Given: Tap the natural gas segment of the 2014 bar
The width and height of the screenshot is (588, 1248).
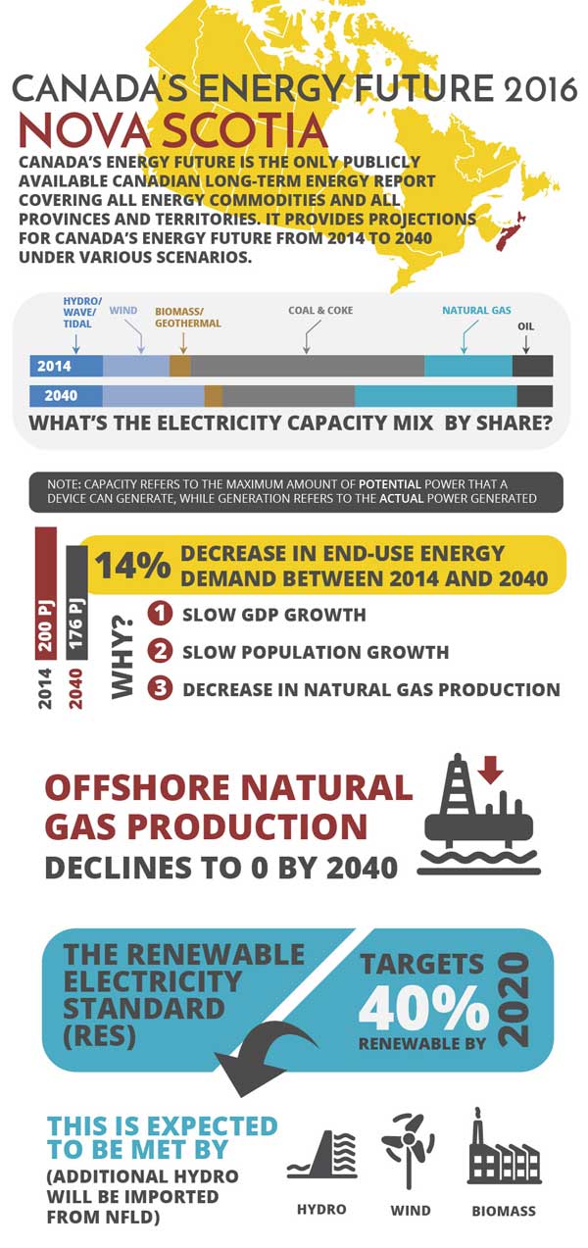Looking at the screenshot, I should click(467, 366).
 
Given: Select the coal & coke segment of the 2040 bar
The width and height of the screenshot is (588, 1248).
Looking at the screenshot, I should click(288, 396).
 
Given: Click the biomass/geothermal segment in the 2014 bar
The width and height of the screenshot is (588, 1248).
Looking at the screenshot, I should click(179, 366).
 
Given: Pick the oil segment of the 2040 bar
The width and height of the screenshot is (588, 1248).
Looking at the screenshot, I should click(534, 396).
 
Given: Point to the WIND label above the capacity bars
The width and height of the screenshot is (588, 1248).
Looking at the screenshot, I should click(123, 311).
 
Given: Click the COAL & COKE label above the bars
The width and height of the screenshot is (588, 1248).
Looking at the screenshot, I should click(320, 312).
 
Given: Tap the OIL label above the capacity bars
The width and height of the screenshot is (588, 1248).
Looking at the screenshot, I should click(526, 325).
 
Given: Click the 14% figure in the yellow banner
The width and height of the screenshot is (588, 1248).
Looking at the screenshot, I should click(132, 566).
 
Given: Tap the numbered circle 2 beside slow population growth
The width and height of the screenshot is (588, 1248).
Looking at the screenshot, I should click(160, 651).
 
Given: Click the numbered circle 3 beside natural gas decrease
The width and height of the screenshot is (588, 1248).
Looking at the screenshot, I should click(160, 688).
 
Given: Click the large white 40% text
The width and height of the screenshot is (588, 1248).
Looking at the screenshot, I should click(423, 1005).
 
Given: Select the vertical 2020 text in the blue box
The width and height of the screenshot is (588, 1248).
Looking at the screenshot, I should click(513, 998).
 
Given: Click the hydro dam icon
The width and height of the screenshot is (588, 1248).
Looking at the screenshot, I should click(320, 1153).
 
